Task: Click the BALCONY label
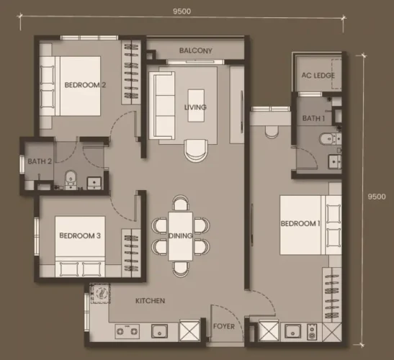pyautogui.click(x=195, y=50)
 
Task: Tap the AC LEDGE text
pyautogui.click(x=318, y=75)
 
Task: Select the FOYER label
pyautogui.click(x=224, y=326)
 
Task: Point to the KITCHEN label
pyautogui.click(x=150, y=301)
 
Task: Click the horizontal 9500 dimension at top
pyautogui.click(x=182, y=12)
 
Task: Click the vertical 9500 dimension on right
pyautogui.click(x=377, y=197)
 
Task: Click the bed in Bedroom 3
pyautogui.click(x=80, y=246)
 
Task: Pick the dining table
pyautogui.click(x=180, y=236)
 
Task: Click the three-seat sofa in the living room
pyautogui.click(x=162, y=105)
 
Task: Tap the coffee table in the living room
pyautogui.click(x=196, y=106)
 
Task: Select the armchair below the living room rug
pyautogui.click(x=196, y=150)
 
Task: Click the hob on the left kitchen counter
pyautogui.click(x=127, y=331)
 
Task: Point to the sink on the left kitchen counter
pyautogui.click(x=159, y=331)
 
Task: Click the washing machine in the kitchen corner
pyautogui.click(x=100, y=294)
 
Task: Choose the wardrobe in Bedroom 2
pyautogui.click(x=131, y=72)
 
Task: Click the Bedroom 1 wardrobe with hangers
pyautogui.click(x=332, y=296)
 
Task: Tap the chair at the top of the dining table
pyautogui.click(x=180, y=203)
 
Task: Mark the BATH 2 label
pyautogui.click(x=40, y=161)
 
